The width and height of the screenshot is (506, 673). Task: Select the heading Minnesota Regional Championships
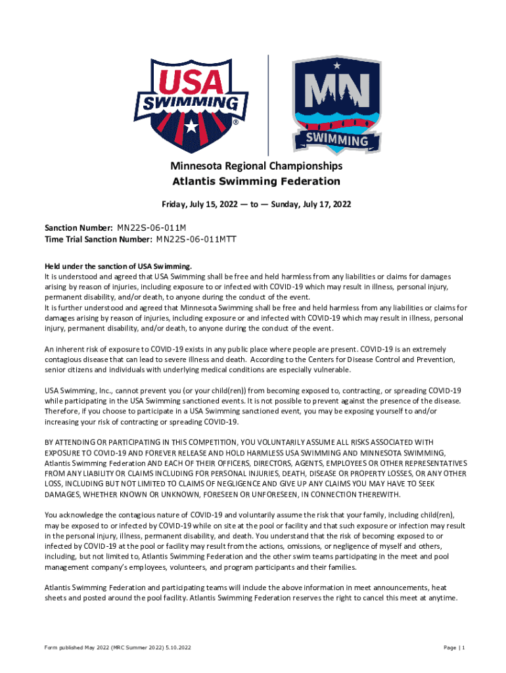point(256,166)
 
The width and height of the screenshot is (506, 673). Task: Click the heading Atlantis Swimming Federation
point(256,181)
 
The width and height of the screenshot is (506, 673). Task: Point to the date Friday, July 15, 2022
point(204,204)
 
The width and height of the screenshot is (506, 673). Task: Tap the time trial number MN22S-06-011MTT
point(196,239)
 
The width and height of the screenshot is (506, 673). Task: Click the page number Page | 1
point(454,648)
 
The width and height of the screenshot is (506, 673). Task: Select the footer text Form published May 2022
point(79,648)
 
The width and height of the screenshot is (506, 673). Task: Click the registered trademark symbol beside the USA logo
point(235,123)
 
